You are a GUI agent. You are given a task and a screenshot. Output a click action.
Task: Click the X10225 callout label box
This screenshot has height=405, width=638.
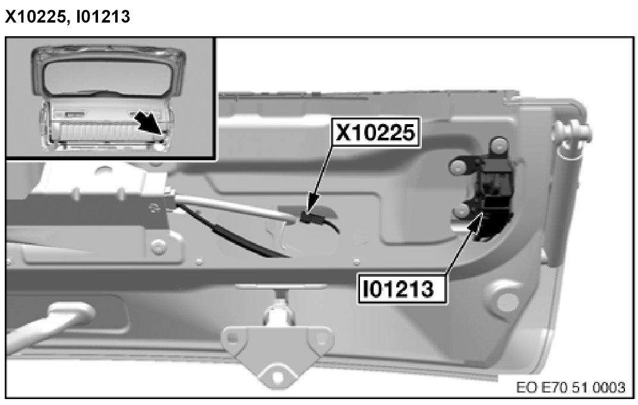coord(377,132)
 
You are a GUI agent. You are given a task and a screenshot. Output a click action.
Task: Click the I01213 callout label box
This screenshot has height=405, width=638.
coord(402,289)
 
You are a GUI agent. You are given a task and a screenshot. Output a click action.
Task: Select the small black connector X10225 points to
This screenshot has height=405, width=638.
coord(310,217)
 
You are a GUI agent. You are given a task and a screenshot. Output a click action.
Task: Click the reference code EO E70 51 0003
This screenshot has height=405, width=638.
coord(570,387)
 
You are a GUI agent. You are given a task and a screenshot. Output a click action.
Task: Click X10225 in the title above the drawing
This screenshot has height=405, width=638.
coord(34,17)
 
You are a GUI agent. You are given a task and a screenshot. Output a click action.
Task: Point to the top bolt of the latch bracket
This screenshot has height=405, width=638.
coord(498,145)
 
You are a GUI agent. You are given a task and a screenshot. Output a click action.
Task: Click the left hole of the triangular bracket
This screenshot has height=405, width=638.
coord(232,337)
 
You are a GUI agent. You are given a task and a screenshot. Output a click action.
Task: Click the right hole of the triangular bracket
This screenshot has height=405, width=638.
coord(322,338)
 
